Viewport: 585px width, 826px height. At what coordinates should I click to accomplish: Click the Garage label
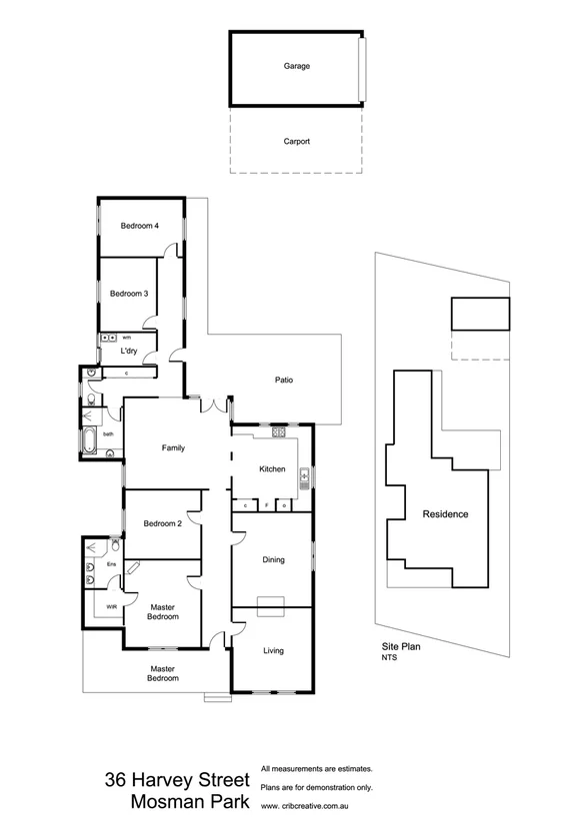[x=296, y=66]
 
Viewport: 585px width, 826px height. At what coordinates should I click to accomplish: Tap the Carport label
[x=297, y=142]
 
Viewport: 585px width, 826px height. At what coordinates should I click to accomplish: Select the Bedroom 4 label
[x=140, y=226]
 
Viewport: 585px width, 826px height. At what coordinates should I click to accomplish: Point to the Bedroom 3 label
[x=129, y=294]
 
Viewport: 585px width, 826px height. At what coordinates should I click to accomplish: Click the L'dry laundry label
[x=128, y=352]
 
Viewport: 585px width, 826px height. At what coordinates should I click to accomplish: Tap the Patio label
[x=284, y=380]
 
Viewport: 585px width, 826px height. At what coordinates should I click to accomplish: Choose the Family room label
[x=174, y=448]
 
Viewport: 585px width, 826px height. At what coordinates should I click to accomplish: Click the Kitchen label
[x=272, y=469]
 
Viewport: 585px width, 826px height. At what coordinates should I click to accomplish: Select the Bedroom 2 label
[x=161, y=524]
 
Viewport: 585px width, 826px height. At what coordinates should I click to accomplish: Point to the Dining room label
[x=273, y=560]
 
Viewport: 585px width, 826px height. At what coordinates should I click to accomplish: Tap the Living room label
[x=273, y=651]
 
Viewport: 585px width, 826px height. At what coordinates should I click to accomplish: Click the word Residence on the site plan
[x=445, y=514]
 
